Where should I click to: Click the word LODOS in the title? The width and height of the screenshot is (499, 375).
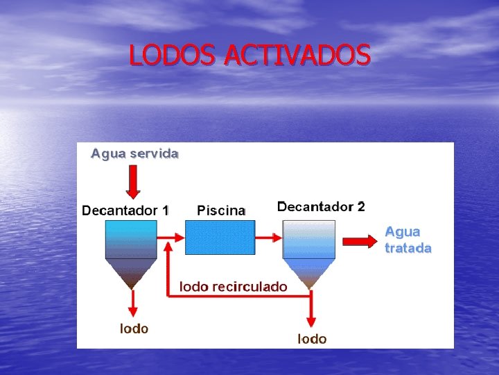point(173,55)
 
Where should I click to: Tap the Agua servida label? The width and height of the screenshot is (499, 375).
point(134,154)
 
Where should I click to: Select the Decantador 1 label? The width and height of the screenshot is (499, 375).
point(125,209)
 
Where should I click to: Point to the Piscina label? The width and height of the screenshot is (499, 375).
point(221,210)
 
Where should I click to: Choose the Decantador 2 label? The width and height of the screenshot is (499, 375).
point(321,206)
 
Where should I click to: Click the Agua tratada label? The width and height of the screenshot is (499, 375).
point(408,240)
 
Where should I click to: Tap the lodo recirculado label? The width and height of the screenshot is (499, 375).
point(234,285)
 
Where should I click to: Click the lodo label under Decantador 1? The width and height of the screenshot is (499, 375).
point(134,328)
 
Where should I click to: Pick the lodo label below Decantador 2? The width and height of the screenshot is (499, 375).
point(312,338)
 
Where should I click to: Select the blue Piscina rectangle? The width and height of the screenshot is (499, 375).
point(220,237)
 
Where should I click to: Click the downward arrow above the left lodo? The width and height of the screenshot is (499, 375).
point(132,303)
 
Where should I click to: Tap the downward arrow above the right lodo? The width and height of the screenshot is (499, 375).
point(311,310)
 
